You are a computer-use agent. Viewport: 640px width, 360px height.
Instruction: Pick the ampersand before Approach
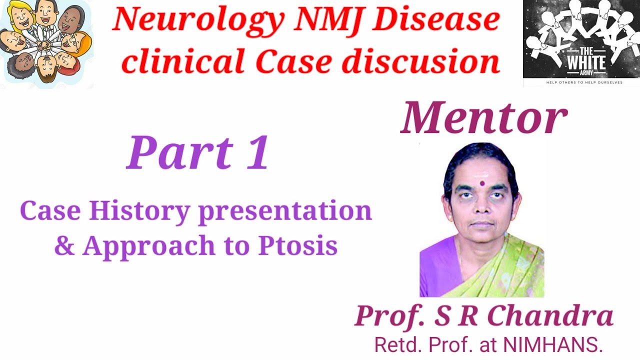(x=64, y=245)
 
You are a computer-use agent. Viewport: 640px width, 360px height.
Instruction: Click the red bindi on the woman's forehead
(x=481, y=183)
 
